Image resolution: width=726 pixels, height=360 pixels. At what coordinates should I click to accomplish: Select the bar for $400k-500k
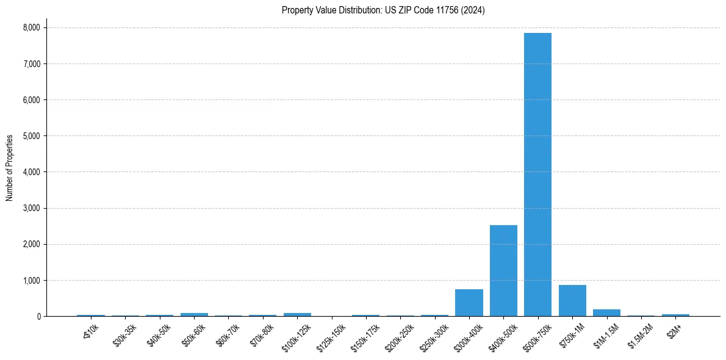click(x=503, y=271)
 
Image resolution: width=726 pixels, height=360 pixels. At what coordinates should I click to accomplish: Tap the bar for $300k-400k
click(x=469, y=303)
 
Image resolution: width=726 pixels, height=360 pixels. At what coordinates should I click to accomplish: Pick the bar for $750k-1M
click(x=572, y=301)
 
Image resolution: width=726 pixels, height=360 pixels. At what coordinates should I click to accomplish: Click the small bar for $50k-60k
click(x=194, y=315)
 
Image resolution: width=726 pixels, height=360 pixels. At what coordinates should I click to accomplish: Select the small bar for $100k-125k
click(x=297, y=315)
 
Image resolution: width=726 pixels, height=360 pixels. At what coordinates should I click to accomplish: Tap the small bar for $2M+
click(x=675, y=315)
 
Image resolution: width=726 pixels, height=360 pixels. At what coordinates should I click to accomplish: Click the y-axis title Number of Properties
click(x=10, y=168)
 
